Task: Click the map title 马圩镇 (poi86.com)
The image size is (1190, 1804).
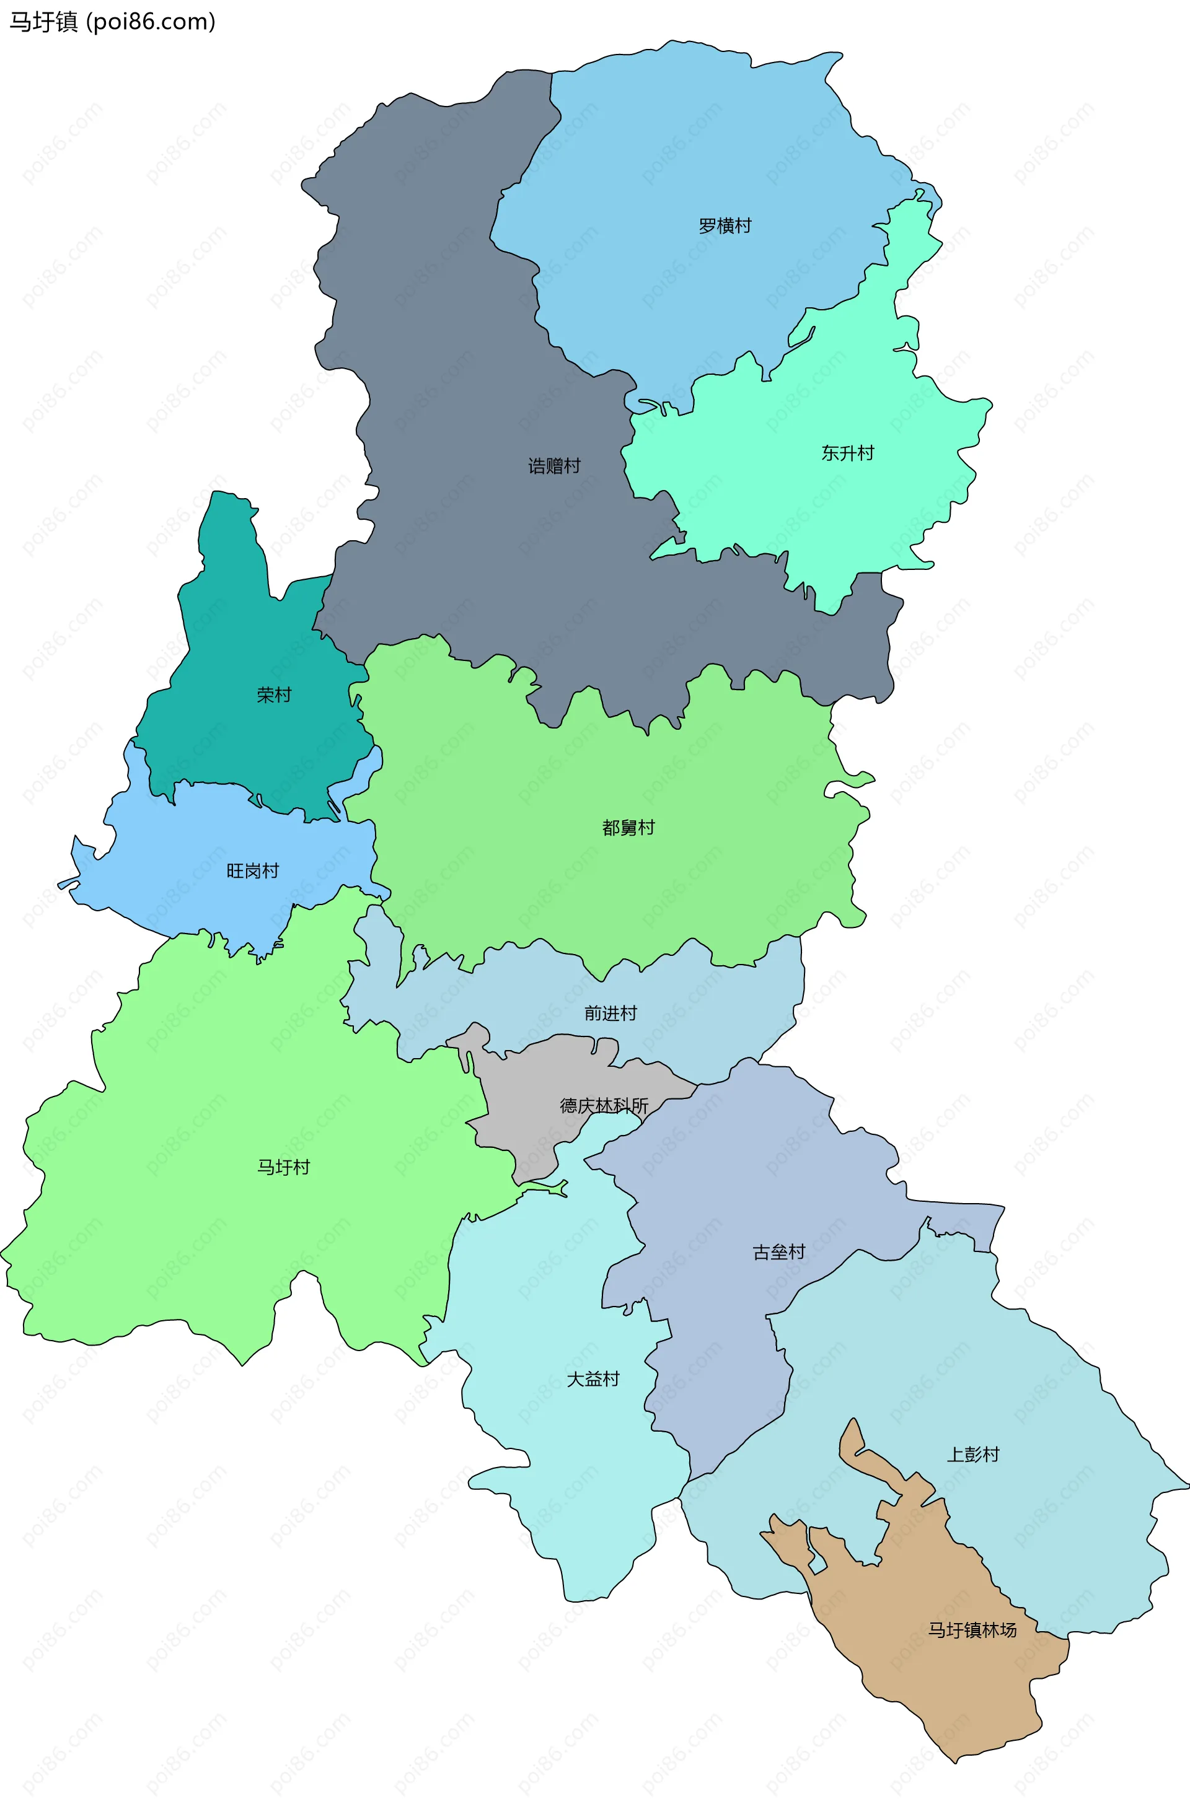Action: (112, 22)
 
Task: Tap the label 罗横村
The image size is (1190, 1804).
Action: (725, 226)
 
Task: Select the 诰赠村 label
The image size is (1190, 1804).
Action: (554, 466)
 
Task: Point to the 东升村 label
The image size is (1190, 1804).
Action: (848, 453)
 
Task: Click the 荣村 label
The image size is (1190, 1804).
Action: (274, 695)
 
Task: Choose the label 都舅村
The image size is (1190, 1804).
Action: (628, 828)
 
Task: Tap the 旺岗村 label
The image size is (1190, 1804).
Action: (253, 871)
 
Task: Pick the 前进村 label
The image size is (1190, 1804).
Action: (610, 1014)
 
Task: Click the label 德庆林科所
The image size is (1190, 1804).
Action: (604, 1106)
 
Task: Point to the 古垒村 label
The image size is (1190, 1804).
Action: (778, 1253)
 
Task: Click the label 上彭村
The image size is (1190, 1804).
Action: (973, 1454)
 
